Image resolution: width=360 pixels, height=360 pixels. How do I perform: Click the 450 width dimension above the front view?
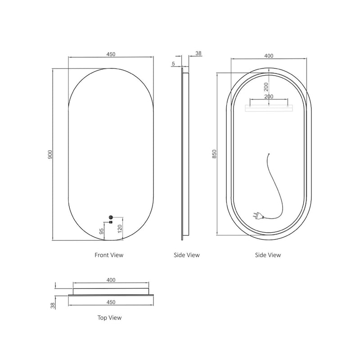point(111,54)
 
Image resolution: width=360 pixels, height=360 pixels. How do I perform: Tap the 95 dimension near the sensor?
point(102,231)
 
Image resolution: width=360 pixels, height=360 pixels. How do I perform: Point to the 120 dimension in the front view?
point(119,229)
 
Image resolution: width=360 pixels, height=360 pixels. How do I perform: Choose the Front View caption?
point(108,255)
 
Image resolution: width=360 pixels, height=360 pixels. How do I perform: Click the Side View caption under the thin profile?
point(186,255)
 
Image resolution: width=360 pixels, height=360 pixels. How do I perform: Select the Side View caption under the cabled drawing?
point(268,255)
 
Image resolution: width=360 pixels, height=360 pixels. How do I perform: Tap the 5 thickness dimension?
point(173,64)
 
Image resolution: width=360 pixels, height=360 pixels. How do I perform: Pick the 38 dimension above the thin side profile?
point(198,54)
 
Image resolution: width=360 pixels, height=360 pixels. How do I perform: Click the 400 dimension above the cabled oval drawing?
point(269,56)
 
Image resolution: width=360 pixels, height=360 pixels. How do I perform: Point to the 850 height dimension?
point(215,154)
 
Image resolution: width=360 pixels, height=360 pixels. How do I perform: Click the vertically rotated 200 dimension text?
point(266,87)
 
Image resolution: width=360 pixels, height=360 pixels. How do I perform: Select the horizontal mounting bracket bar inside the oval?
point(269,107)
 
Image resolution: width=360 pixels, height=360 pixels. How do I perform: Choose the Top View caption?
point(109,318)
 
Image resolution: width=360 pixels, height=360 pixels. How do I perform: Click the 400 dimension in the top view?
point(111,280)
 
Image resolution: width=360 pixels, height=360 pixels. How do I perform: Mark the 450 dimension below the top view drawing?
point(111,302)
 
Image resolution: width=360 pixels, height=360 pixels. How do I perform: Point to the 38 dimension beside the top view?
point(53,306)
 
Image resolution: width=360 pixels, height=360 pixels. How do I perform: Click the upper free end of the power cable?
point(269,155)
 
